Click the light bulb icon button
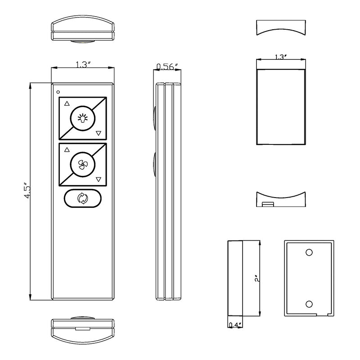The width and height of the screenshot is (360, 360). (82, 118)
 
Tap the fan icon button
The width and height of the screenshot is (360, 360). (82, 164)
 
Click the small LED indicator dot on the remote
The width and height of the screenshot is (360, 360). (58, 92)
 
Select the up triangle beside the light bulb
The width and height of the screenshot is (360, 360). (67, 103)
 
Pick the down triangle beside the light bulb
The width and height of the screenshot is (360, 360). (99, 133)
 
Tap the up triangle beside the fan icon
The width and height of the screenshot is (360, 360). (67, 150)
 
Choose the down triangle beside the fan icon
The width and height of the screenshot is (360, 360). (99, 179)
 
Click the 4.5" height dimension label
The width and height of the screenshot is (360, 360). (27, 190)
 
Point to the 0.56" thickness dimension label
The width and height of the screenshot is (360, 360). (167, 67)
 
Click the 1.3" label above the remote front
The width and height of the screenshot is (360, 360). (82, 65)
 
